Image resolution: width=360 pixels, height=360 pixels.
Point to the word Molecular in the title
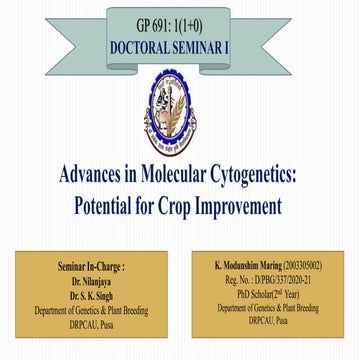168,176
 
